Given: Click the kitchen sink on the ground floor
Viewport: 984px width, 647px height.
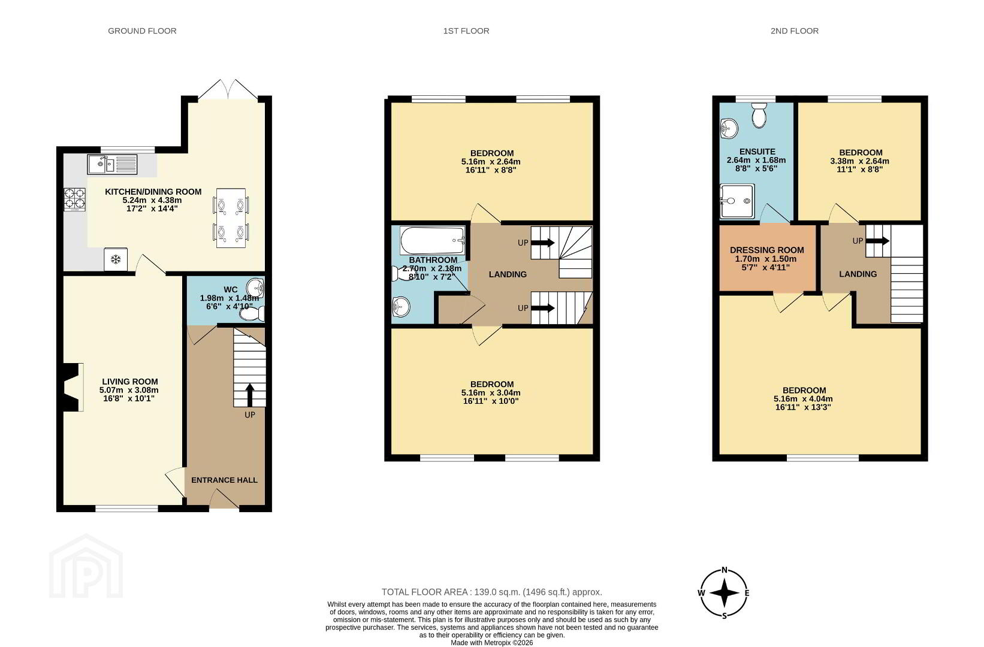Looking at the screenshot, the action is point(112,165).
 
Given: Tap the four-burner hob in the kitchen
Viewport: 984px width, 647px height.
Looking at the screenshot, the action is point(75,199).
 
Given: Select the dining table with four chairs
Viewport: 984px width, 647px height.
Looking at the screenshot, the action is point(231,218).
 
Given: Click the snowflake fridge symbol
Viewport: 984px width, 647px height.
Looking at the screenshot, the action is point(116,259).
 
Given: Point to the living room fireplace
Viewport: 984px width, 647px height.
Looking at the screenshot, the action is point(73,387).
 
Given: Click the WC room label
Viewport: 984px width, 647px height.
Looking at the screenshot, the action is point(231,290).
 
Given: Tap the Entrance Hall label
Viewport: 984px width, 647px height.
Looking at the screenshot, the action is point(224,480).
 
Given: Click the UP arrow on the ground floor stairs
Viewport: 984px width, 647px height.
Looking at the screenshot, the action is point(249,395).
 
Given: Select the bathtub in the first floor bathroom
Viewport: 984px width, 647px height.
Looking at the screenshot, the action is point(433,240).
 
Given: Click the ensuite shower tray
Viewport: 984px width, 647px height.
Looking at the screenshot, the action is point(737,202).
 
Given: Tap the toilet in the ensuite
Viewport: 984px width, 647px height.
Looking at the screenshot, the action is point(759,115).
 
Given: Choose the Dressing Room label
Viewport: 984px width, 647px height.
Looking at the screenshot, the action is point(767,250).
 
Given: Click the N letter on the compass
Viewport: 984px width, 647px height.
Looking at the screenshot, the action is point(725,570).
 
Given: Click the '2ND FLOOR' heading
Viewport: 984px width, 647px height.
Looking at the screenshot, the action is point(794,31).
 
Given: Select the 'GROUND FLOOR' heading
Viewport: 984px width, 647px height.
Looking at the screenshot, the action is point(142,31).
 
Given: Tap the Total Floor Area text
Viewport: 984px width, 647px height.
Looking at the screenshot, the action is point(491,592).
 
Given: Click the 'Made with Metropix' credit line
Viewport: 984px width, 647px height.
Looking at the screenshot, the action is point(491,643).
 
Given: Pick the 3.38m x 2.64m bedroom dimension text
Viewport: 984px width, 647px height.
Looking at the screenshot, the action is point(860,161).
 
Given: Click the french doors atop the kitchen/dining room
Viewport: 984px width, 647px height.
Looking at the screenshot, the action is point(228,89).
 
